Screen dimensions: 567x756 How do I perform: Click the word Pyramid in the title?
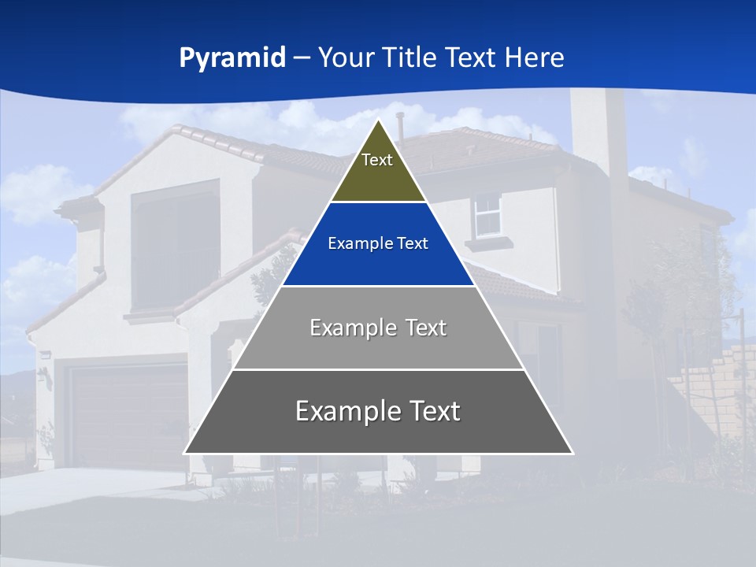pos(232,58)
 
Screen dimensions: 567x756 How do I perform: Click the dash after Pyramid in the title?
pos(302,58)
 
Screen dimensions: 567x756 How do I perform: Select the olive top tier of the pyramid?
pos(378,177)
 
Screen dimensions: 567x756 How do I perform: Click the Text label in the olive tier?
pos(377,160)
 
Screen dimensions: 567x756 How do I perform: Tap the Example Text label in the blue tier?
pos(378,244)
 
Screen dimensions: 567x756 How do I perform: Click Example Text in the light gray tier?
pos(378,328)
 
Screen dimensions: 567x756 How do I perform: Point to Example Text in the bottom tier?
pos(378,411)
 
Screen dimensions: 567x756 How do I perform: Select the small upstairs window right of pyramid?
pos(488,215)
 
